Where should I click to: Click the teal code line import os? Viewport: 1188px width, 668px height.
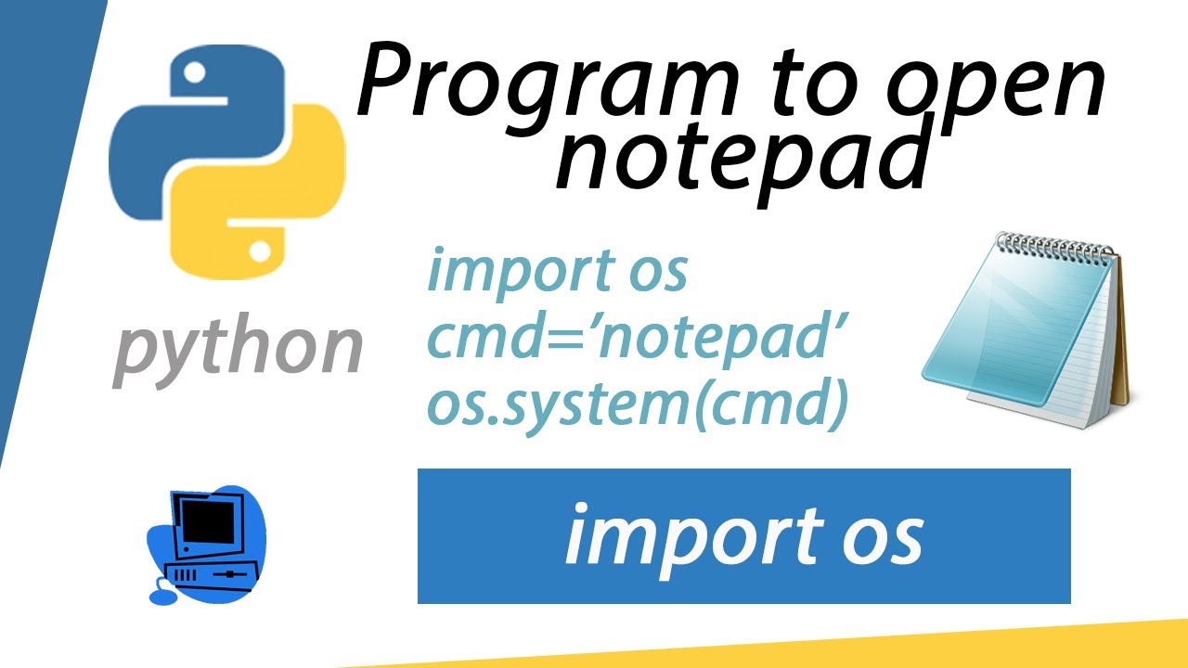pos(557,271)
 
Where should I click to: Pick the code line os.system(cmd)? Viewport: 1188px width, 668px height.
pos(638,407)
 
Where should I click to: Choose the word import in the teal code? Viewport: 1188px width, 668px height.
pos(501,271)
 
